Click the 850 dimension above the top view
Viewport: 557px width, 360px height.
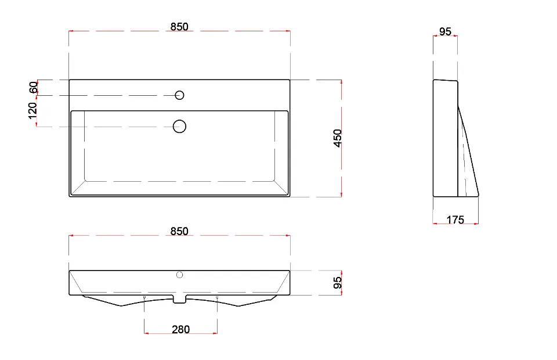[179, 27]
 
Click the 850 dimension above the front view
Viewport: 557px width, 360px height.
[179, 231]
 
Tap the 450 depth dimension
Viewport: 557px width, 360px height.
[338, 138]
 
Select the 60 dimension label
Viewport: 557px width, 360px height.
[34, 88]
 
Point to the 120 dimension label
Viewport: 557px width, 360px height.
[32, 111]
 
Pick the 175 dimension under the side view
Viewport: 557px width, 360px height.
[455, 220]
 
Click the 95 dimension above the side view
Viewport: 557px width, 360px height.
[445, 31]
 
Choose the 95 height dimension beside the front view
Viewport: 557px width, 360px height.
[338, 283]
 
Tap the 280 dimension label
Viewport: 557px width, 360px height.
[181, 329]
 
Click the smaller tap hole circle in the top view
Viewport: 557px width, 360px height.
[179, 95]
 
